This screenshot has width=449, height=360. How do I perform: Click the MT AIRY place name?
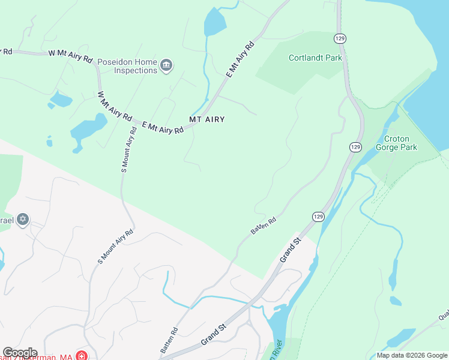pos(207,119)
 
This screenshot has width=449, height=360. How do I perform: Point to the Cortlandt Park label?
pos(315,58)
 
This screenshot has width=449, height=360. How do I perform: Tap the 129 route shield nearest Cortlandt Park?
pos(340,38)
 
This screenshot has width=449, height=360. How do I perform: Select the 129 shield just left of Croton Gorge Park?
pos(355,146)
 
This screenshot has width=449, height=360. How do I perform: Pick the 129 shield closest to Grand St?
pos(318,216)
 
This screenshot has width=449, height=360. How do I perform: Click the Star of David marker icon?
pos(23,220)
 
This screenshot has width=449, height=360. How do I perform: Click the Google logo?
pos(20,353)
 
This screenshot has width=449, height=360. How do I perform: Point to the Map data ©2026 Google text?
pos(411,355)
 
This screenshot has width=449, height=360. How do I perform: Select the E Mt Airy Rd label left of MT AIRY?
pos(163,127)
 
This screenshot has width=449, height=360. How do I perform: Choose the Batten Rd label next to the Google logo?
pos(169,340)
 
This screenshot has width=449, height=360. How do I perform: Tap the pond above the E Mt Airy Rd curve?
pos(215,23)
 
